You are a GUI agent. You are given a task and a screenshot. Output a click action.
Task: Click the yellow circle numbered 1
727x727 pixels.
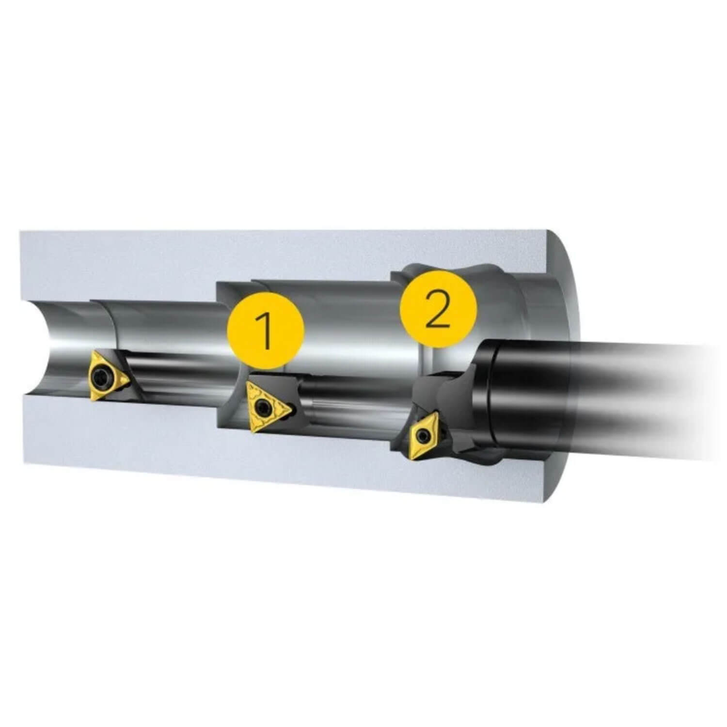[x=266, y=331]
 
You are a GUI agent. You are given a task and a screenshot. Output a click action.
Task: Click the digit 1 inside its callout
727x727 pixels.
[x=265, y=331]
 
